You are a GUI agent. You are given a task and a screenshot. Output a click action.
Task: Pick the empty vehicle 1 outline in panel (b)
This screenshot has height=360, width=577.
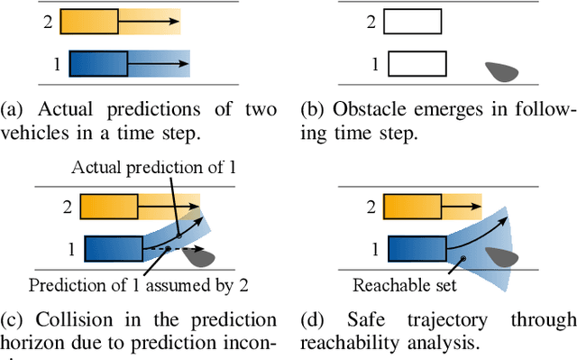tap(417, 65)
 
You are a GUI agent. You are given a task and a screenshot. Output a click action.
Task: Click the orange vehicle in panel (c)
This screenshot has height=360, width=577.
tap(109, 207)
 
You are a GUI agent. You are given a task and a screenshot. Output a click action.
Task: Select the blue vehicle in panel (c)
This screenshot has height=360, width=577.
tap(113, 248)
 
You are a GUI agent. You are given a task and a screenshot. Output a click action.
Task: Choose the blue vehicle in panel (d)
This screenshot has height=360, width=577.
tap(416, 248)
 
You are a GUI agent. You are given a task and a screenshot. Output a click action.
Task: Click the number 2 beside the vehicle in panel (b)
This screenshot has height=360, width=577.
tap(369, 21)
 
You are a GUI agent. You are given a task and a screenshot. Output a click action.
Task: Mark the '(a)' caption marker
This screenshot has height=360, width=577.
tap(12, 110)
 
